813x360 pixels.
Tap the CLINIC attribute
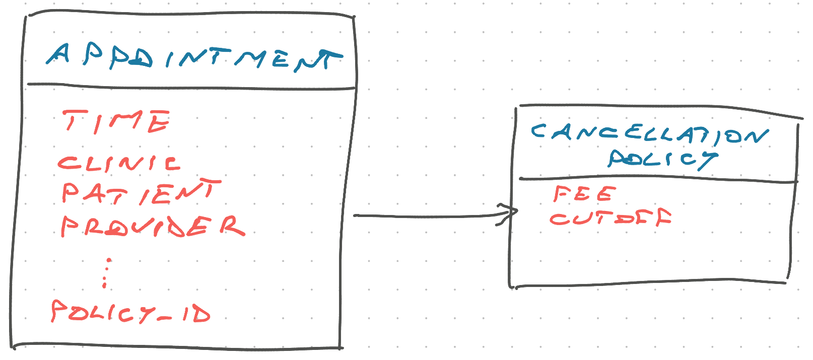click(119, 164)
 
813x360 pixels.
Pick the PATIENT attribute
click(141, 191)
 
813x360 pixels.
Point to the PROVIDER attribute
click(153, 226)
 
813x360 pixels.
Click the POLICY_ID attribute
click(130, 312)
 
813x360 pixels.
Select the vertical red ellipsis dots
click(106, 273)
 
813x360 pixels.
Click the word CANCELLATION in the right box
click(650, 134)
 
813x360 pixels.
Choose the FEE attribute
click(584, 194)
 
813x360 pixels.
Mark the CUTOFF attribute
click(611, 218)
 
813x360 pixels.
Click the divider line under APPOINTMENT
click(191, 87)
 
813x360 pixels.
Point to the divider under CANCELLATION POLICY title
click(658, 179)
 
